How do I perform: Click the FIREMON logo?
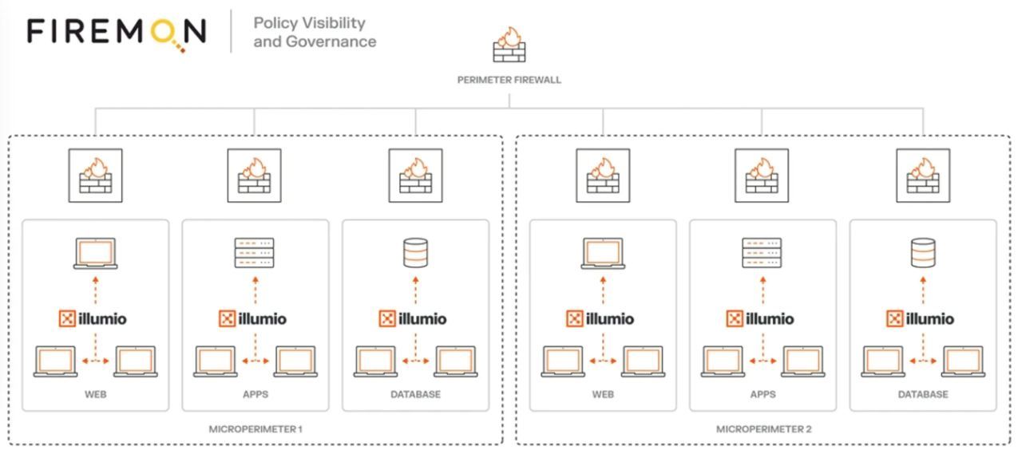coord(117,33)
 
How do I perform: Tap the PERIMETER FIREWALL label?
coord(509,80)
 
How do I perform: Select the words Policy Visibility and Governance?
coord(315,32)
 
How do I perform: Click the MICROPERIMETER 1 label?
coord(255,429)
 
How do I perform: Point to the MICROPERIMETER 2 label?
coord(763,429)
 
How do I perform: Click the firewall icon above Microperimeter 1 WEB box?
coord(96,176)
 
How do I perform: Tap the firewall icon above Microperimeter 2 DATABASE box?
coord(923,176)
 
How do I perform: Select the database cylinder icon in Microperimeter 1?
coord(415,253)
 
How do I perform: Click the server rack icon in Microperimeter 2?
coord(762,253)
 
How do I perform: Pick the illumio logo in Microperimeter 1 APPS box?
coord(252,318)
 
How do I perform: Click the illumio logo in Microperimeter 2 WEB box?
coord(600,318)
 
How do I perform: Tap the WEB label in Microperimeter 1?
coord(96,394)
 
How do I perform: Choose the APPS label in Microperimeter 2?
coord(763,394)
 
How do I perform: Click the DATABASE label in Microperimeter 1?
coord(415,394)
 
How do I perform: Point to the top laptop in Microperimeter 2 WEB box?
coord(603,254)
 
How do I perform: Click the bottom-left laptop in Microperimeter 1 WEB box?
coord(55,361)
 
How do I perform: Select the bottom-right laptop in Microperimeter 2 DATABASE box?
coord(963,361)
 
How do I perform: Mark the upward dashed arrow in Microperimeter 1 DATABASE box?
coord(415,290)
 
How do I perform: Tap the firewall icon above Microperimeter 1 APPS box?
coord(255,176)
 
